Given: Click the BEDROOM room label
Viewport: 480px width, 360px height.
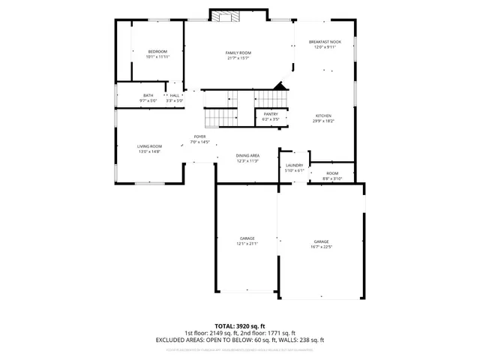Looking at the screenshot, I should (157, 51).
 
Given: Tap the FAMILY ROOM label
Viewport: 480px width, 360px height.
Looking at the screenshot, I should (238, 52).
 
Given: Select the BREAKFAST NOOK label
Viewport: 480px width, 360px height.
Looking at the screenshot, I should (325, 42).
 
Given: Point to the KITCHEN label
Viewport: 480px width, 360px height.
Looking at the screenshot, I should (323, 115).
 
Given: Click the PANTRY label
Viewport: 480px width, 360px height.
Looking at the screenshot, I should (271, 114).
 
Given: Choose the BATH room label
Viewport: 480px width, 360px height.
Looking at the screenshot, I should (148, 95).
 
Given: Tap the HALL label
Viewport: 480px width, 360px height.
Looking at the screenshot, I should (175, 95).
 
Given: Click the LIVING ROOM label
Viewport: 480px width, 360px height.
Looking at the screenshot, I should (149, 146).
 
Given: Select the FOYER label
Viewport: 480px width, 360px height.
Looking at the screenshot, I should (200, 136).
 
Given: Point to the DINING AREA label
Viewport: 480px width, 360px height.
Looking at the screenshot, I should (247, 155).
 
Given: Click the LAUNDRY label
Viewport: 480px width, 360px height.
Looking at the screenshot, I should (294, 165).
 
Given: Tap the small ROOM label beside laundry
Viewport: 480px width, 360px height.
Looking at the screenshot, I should (331, 173).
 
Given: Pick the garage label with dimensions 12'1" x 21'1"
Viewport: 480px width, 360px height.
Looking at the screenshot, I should (247, 238).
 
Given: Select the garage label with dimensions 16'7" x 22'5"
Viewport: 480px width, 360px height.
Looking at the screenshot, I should (322, 241).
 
